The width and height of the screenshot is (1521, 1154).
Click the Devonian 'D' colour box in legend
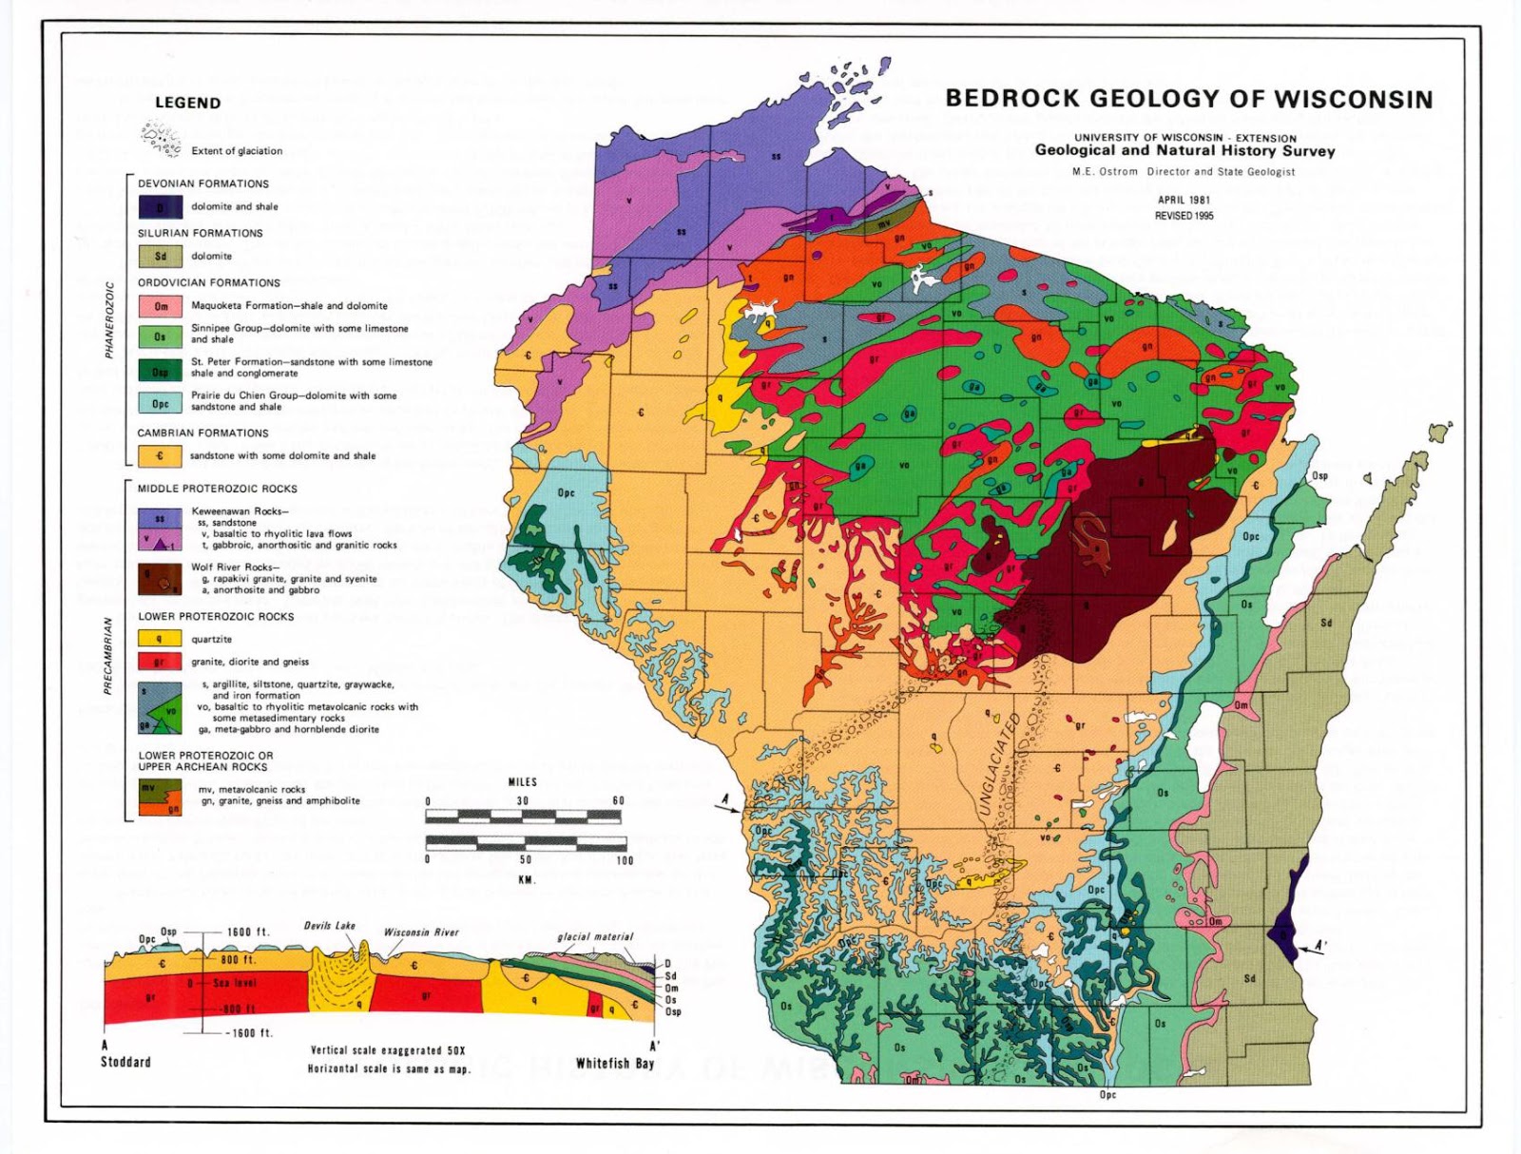point(160,207)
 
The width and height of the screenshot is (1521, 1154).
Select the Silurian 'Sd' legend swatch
point(160,256)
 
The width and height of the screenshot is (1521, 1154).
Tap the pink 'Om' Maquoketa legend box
point(160,306)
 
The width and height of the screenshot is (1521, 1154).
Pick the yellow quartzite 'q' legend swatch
point(160,639)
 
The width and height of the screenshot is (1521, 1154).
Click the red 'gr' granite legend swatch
point(160,662)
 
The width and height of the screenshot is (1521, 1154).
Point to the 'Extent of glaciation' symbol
point(161,139)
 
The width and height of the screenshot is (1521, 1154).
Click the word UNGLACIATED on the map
point(998,764)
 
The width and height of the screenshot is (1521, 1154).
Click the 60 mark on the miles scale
point(618,800)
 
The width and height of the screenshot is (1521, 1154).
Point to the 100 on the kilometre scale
point(624,860)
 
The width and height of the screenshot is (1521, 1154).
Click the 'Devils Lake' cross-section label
point(330,925)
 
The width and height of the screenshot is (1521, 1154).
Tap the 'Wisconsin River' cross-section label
point(421,933)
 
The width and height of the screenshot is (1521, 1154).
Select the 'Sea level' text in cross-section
point(235,983)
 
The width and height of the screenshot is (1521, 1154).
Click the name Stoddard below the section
point(125,1062)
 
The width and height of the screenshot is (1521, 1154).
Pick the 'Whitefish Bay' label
point(615,1064)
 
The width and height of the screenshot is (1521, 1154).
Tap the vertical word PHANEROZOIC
point(109,319)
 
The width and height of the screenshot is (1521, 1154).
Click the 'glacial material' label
point(595,936)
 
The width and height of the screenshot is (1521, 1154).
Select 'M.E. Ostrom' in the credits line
point(1105,172)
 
